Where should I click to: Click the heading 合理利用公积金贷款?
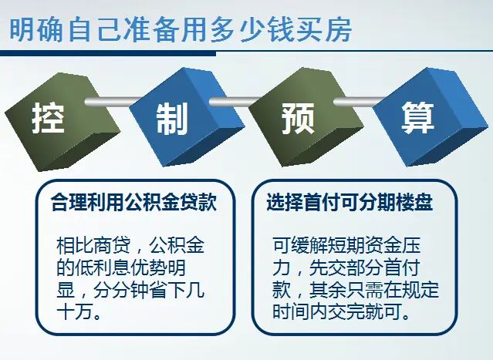coord(133,203)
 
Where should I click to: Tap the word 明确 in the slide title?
coord(34,31)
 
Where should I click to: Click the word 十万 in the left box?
coord(76,315)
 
